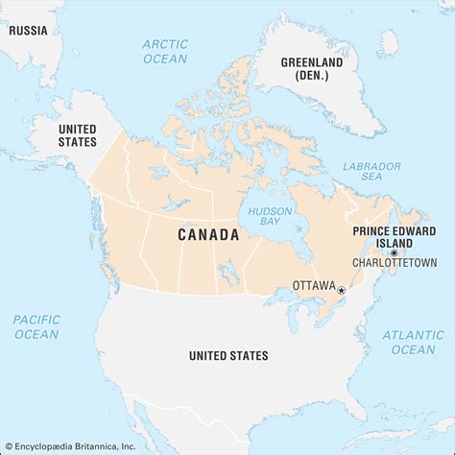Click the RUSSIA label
click(x=27, y=30)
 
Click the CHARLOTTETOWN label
click(x=395, y=262)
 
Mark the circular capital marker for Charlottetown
click(x=394, y=251)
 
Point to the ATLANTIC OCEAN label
click(x=413, y=342)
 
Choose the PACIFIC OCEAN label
click(x=36, y=326)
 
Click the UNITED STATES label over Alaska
click(x=78, y=134)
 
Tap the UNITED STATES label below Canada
click(x=228, y=356)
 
